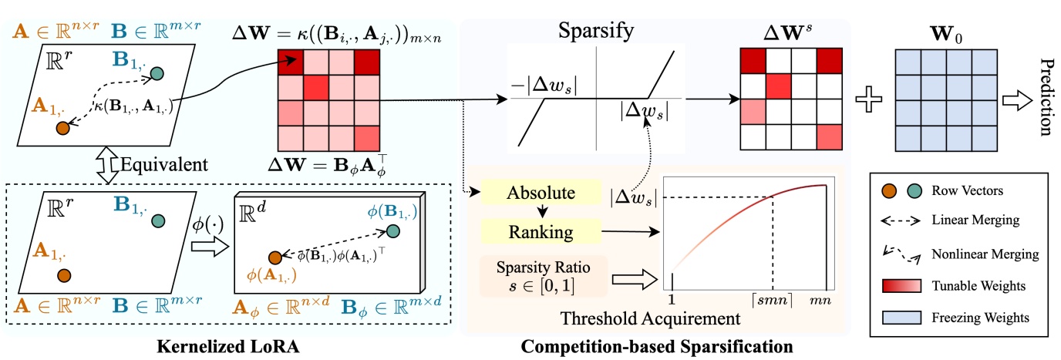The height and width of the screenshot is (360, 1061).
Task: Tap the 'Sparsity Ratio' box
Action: coord(543,276)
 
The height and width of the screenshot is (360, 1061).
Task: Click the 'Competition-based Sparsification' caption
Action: coord(656,347)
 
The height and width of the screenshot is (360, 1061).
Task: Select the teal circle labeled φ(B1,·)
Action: coord(393,230)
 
